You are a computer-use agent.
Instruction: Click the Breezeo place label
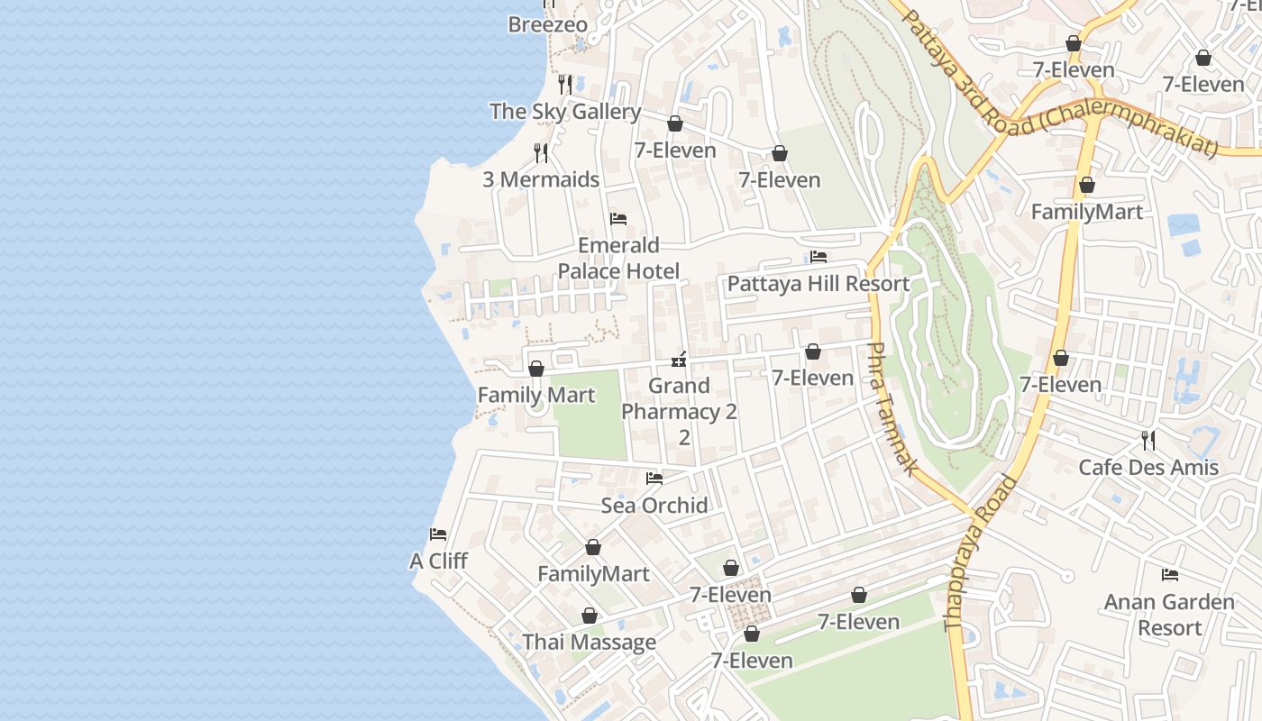click(547, 25)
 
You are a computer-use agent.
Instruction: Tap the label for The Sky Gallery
click(565, 112)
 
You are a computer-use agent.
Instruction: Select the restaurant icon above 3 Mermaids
click(541, 153)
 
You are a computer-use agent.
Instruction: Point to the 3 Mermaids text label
click(541, 179)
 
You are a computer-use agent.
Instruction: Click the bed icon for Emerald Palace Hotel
click(618, 219)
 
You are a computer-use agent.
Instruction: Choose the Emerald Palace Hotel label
click(618, 258)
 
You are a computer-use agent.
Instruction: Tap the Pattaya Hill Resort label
click(818, 284)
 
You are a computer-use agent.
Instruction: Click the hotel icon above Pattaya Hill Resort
click(818, 258)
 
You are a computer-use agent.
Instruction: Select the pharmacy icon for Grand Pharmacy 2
click(680, 360)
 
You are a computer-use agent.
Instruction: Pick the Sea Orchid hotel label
click(654, 506)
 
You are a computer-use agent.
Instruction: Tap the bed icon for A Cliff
click(438, 534)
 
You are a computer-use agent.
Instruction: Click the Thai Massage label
click(590, 643)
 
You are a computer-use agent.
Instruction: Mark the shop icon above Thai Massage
click(590, 616)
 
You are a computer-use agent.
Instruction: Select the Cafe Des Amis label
click(1148, 468)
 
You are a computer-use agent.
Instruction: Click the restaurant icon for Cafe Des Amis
click(1148, 441)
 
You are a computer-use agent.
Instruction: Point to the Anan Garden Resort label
click(1169, 615)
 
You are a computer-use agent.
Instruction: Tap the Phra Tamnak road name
click(892, 408)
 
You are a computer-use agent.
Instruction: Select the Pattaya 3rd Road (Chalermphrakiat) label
click(1059, 86)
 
